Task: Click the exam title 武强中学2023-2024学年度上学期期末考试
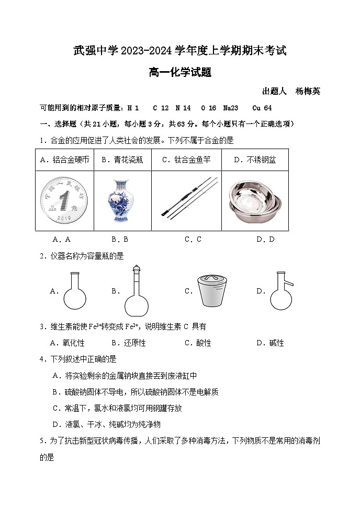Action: [x=180, y=51]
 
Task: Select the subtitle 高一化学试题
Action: [x=180, y=73]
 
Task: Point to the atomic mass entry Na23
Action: [x=230, y=108]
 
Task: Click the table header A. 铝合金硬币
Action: [x=64, y=160]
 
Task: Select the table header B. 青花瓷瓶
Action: [x=122, y=160]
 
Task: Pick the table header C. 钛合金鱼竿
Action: [x=186, y=160]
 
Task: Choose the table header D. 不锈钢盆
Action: [x=255, y=160]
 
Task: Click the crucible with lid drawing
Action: [x=211, y=291]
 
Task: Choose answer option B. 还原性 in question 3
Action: [x=129, y=343]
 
